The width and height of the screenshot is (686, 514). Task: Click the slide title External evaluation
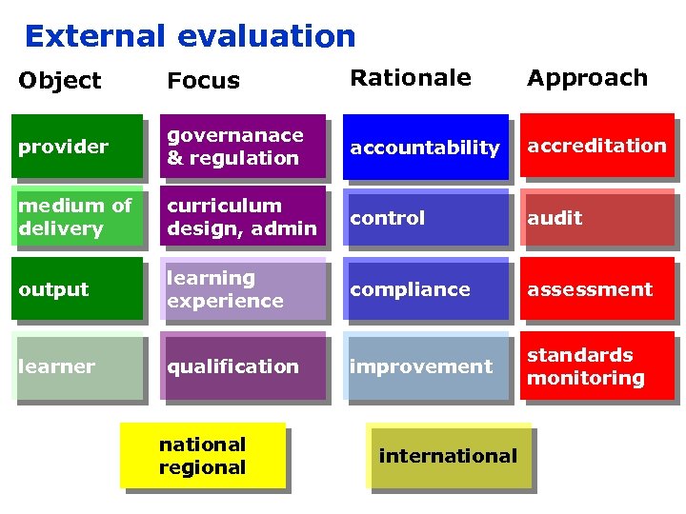click(190, 36)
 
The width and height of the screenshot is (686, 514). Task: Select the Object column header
click(59, 81)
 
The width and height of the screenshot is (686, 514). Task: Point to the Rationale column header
click(411, 78)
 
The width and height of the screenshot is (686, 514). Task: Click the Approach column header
click(587, 78)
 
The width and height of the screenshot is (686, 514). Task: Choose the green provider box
click(76, 147)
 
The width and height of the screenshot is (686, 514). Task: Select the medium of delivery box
click(76, 217)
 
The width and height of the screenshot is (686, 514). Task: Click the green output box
click(76, 289)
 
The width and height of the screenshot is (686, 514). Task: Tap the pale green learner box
click(76, 366)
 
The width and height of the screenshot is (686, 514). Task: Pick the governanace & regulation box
click(242, 147)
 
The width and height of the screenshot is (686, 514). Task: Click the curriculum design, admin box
click(242, 217)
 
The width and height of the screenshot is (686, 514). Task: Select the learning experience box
click(242, 289)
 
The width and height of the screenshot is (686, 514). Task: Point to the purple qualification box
click(242, 366)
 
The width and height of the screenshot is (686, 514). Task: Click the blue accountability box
click(425, 148)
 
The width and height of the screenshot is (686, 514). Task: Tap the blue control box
click(425, 218)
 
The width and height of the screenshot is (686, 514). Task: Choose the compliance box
click(425, 289)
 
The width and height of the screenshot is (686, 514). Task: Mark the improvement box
click(425, 366)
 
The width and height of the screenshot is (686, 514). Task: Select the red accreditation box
click(596, 146)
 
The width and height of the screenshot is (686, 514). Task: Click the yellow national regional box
click(202, 456)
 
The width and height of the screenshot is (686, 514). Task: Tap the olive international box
click(448, 456)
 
